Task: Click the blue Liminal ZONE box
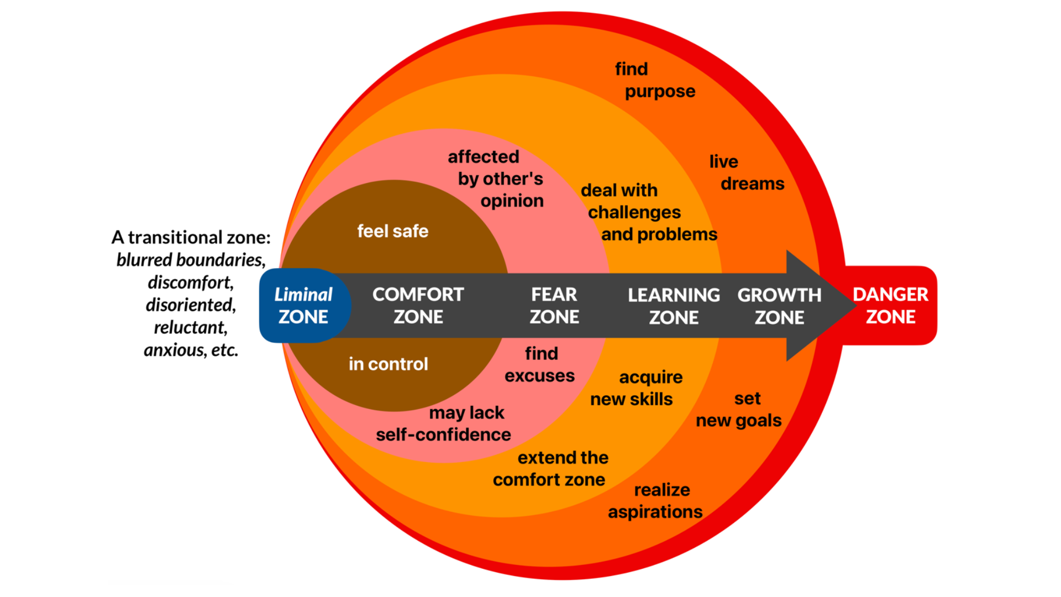point(303,306)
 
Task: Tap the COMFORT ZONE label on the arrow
point(418,306)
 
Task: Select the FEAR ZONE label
point(554,306)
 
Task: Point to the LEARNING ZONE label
point(674,306)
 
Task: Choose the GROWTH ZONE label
point(779,306)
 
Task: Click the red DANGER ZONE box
point(890,306)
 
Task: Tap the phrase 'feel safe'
point(392,231)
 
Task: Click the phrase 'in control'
point(388,364)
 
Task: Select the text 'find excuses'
point(540,365)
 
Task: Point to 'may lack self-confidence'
point(444,424)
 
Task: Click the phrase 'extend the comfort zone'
point(550,469)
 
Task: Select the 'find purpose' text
point(655,80)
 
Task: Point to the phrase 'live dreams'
point(746,172)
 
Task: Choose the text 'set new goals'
point(739,410)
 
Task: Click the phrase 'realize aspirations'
point(656,501)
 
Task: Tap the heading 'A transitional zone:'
point(191,237)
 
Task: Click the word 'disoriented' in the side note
point(191,305)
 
